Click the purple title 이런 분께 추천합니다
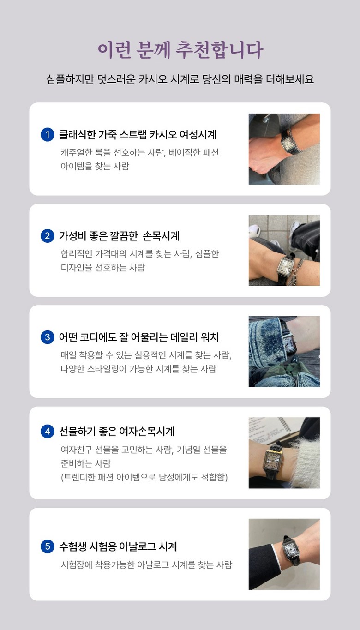[180, 50]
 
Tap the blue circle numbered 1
[48, 134]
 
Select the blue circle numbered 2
[48, 236]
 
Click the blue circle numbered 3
[48, 337]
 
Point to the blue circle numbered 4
[48, 432]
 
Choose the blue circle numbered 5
[48, 546]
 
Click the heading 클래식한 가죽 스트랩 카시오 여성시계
[138, 135]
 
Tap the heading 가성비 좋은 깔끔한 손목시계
[119, 236]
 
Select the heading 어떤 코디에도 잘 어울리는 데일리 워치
[138, 337]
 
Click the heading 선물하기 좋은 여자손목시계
[117, 432]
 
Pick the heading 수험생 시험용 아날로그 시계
[118, 546]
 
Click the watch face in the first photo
[288, 144]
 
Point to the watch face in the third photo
[290, 344]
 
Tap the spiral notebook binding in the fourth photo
[285, 424]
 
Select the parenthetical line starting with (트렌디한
[144, 477]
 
